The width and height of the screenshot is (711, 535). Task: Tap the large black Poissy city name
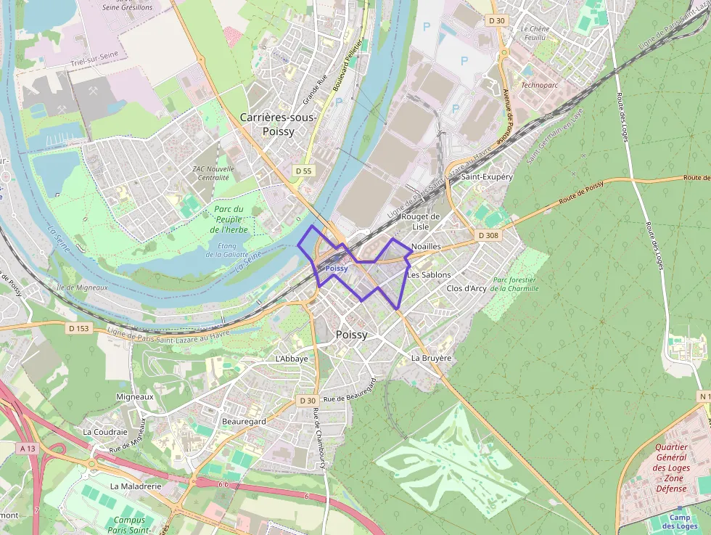click(352, 335)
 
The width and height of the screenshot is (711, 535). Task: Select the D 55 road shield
click(303, 171)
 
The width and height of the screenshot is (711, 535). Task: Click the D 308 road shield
click(488, 235)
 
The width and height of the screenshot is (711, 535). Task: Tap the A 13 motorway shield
click(28, 449)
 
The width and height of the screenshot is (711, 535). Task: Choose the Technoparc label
click(540, 85)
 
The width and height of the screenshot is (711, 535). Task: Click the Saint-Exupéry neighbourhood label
click(487, 176)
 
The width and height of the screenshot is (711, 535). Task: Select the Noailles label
click(426, 247)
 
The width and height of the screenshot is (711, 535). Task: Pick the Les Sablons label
click(429, 275)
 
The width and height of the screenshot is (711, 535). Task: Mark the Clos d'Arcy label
click(467, 288)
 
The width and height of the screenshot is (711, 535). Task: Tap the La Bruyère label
click(431, 358)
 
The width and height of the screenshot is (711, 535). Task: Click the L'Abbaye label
click(292, 359)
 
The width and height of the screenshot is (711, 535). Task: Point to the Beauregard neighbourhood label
click(244, 421)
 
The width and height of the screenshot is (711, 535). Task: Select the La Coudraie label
click(106, 431)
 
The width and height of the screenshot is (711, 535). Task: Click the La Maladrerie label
click(135, 486)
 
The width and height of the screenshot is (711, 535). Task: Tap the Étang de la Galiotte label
click(228, 250)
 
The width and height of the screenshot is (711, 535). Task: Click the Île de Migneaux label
click(81, 287)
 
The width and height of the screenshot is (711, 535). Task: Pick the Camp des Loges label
click(680, 521)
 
